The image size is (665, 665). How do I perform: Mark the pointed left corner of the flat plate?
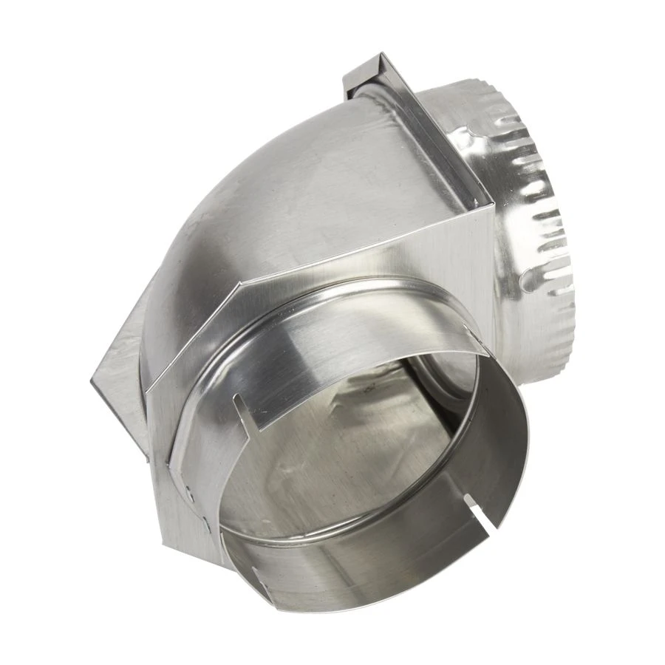[92, 381]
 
